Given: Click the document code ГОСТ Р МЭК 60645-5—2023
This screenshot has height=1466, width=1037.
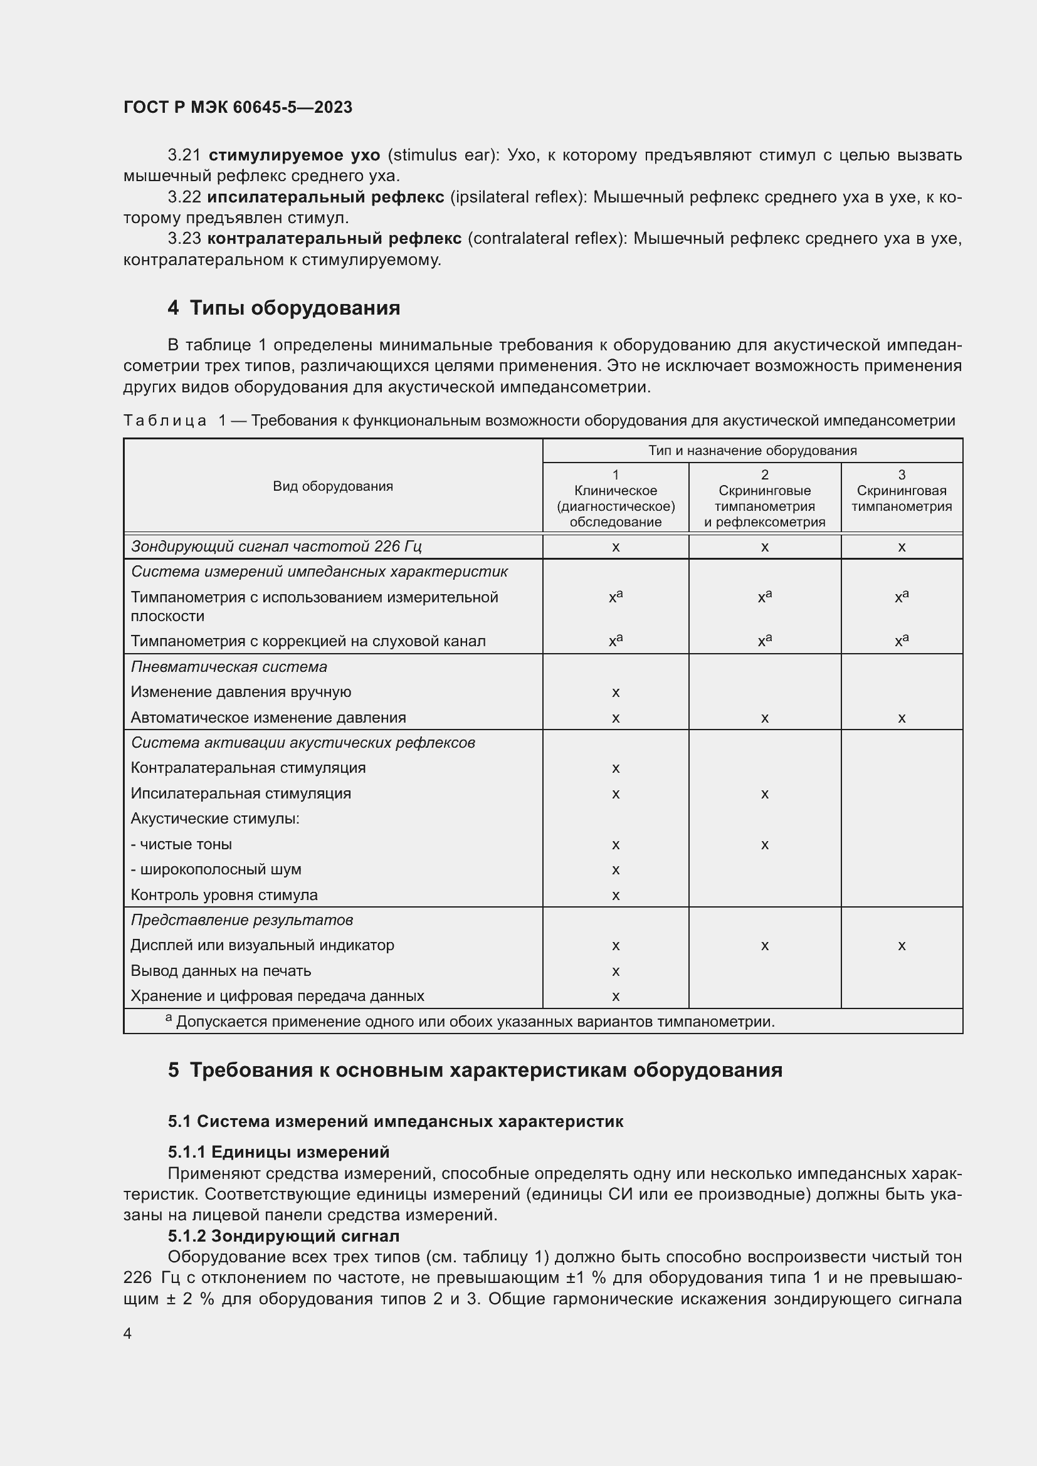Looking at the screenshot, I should click(238, 107).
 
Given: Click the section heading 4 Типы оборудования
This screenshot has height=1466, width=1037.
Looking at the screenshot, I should click(283, 308).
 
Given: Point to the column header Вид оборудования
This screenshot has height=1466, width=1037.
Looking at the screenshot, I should click(333, 486).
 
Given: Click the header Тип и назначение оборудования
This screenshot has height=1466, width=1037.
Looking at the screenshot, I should click(752, 450).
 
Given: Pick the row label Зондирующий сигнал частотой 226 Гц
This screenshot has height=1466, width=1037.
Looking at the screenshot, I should click(276, 547).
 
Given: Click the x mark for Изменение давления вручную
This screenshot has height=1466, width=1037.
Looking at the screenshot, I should click(616, 692).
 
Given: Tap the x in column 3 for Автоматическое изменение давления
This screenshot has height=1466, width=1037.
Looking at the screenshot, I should click(901, 718).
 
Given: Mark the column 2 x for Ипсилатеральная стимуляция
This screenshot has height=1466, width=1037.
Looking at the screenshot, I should click(764, 793).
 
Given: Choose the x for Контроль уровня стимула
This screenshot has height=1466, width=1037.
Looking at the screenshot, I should click(616, 895).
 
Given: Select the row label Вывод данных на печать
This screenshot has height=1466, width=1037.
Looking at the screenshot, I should click(221, 970).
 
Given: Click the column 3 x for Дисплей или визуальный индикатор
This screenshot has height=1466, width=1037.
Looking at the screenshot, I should click(901, 946).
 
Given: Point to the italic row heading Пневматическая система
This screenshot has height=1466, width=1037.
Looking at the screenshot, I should click(229, 667).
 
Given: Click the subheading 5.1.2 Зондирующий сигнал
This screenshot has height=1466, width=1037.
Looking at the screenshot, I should click(283, 1236).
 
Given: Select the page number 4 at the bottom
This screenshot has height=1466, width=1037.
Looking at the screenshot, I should click(127, 1333).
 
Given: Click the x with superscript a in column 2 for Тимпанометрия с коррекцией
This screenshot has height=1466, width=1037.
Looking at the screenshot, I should click(764, 641).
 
